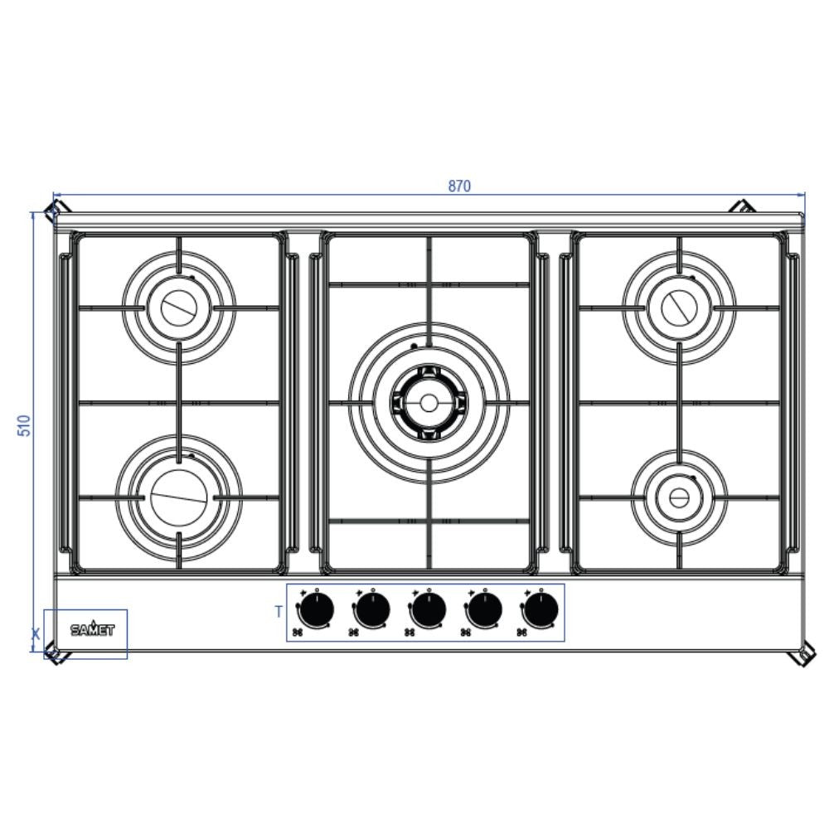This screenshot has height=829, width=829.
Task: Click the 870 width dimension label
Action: coord(459,187)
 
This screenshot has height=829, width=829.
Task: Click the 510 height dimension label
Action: coord(24,426)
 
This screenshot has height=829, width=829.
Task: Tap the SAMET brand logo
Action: coord(92,629)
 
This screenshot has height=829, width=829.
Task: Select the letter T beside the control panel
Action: coord(279,612)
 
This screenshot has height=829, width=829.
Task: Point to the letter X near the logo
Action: coord(35,635)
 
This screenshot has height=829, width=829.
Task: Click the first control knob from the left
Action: coord(316,611)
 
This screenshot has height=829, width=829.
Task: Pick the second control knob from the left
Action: coord(372,611)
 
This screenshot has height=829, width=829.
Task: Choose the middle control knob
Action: coord(428,611)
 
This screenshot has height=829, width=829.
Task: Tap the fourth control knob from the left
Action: coord(483,611)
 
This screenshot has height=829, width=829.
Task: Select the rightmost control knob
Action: coord(540,611)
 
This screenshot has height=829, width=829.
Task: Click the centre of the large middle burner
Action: coord(428,403)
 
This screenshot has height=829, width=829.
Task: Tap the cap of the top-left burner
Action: coord(178,308)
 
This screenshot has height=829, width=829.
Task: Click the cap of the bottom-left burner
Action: coord(178,497)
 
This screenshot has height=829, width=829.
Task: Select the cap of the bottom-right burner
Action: coord(678,497)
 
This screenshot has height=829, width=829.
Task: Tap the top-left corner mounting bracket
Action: coord(54,207)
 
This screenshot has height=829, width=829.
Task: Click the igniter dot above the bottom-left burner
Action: coord(191,456)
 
